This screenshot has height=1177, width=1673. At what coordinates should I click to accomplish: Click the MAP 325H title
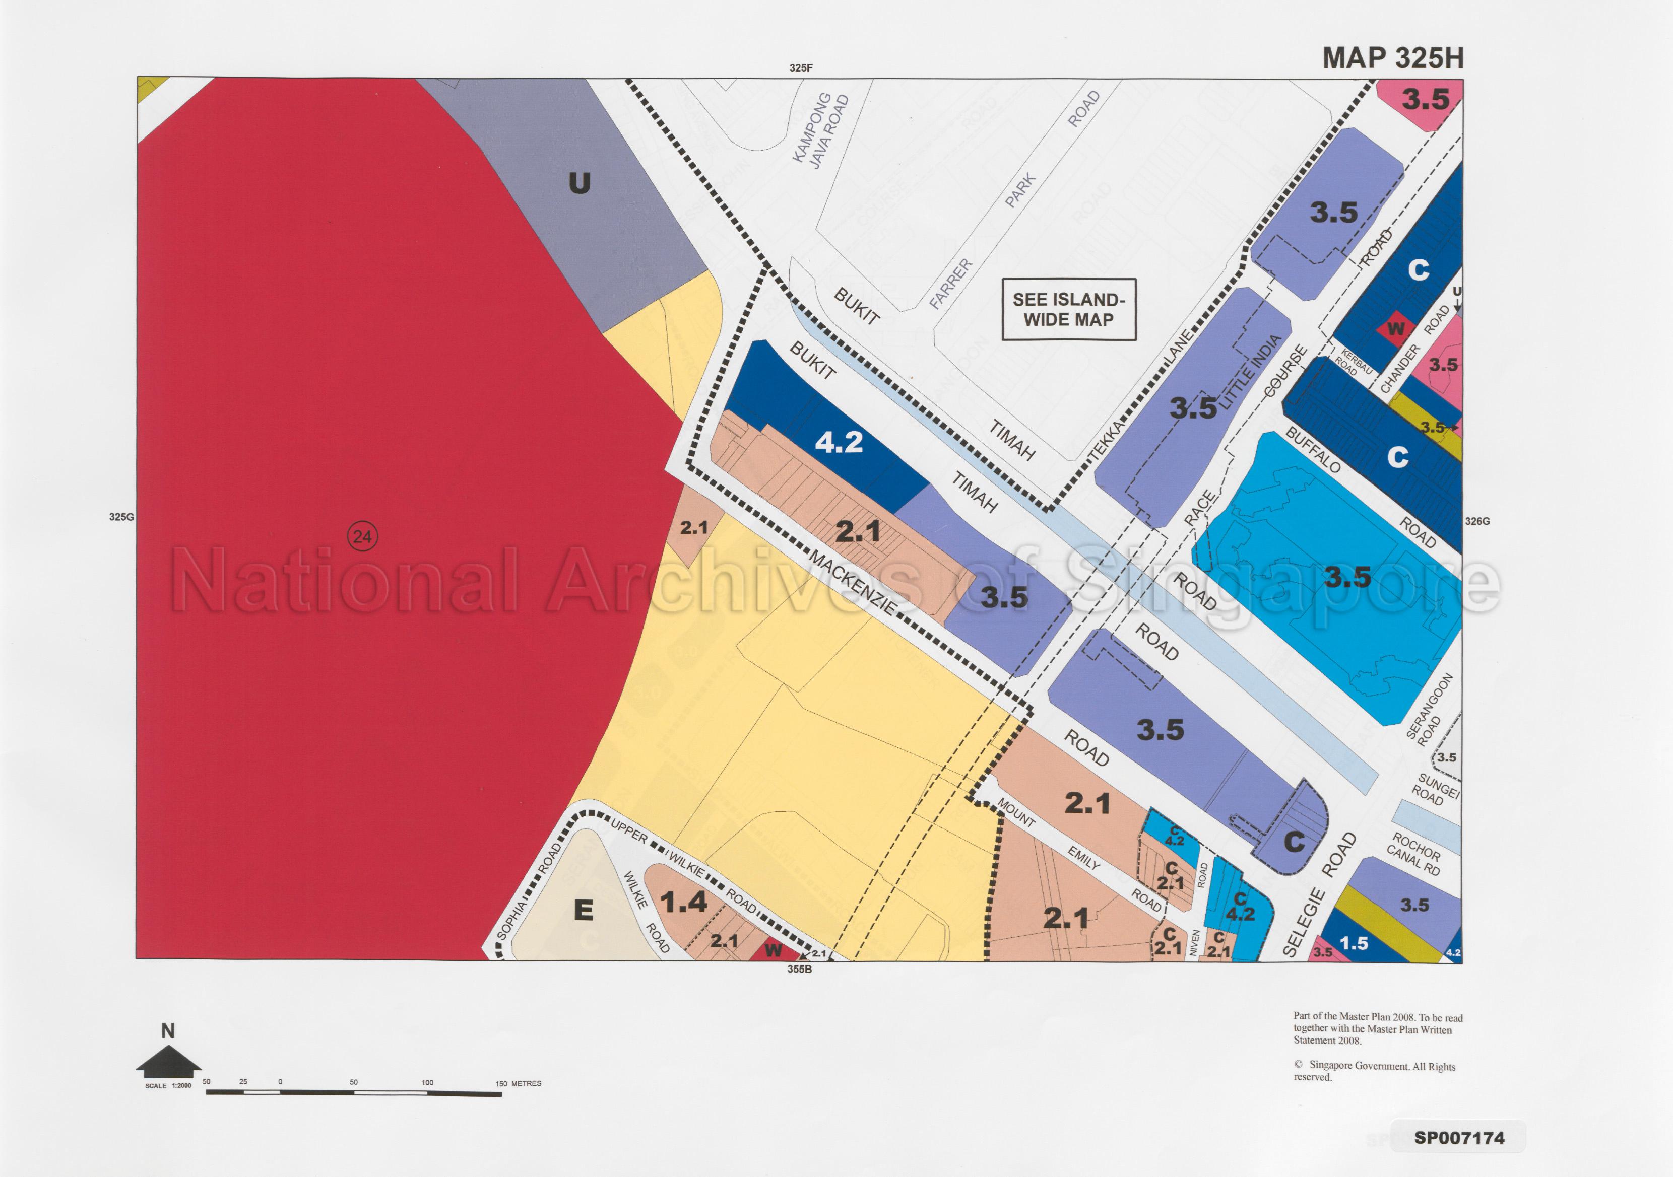tap(1392, 58)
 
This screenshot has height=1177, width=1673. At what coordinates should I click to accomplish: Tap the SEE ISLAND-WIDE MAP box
tap(1068, 310)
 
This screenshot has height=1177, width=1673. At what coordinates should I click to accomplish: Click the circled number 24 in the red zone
tap(362, 537)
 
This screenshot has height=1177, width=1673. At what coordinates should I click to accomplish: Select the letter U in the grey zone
tap(580, 183)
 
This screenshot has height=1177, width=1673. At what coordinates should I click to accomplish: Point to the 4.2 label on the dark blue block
tap(839, 442)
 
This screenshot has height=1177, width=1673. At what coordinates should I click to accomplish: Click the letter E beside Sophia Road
tap(583, 911)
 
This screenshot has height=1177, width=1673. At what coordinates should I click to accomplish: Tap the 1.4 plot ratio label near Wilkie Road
tap(683, 903)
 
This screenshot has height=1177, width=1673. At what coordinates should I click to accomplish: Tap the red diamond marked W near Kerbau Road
tap(1395, 328)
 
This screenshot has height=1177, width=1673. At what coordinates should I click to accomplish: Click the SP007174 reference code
tap(1459, 1138)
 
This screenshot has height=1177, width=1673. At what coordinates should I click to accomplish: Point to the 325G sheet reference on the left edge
tap(121, 517)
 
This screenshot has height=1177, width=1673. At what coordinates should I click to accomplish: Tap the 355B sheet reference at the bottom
tap(799, 970)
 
